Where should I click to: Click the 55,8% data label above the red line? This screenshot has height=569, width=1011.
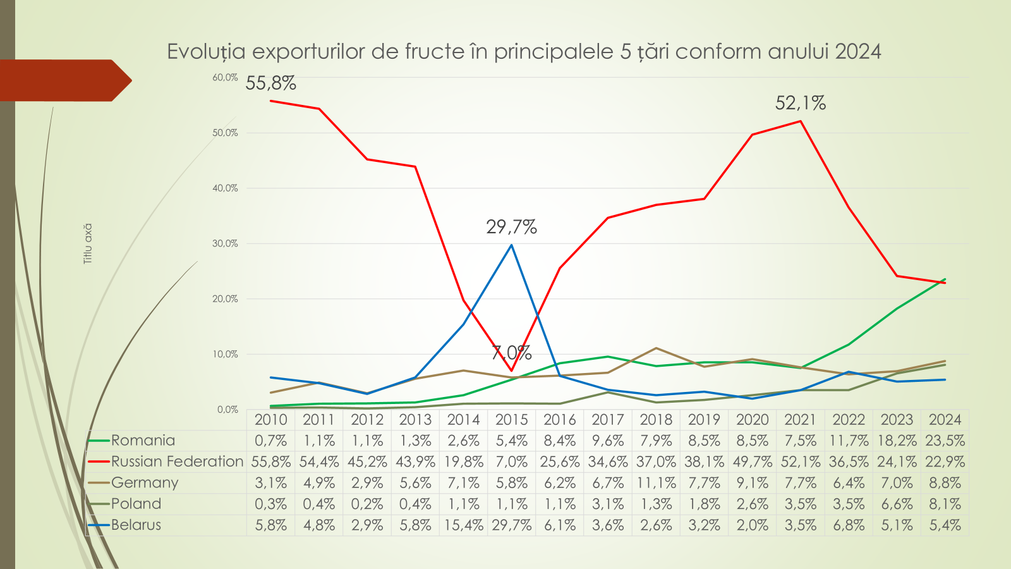pos(270,83)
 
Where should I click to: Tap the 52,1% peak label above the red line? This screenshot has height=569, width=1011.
pos(801,103)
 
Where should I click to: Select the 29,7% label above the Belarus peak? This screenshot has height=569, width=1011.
pos(511,227)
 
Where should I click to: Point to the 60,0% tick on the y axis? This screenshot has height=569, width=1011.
pos(225,77)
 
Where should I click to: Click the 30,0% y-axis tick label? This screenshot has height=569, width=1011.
pos(225,243)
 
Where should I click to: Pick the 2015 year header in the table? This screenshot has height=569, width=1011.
pos(511,420)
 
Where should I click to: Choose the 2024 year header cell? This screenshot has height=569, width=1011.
pos(945,420)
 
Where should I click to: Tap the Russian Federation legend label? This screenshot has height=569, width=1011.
pos(177,462)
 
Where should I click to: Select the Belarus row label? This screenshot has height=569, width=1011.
pos(136,525)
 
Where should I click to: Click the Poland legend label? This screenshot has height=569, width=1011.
pos(136,504)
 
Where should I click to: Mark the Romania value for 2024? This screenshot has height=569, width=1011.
pos(945,441)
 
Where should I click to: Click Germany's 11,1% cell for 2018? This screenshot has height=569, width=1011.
pos(656,483)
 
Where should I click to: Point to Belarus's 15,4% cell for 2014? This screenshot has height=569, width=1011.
pos(463,525)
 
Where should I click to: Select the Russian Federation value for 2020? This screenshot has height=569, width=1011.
pos(752,462)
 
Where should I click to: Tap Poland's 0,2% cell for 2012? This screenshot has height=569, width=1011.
pos(367,504)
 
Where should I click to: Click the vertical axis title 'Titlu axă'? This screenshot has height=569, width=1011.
pos(88,243)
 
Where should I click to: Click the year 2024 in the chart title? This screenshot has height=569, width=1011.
pos(857,51)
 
